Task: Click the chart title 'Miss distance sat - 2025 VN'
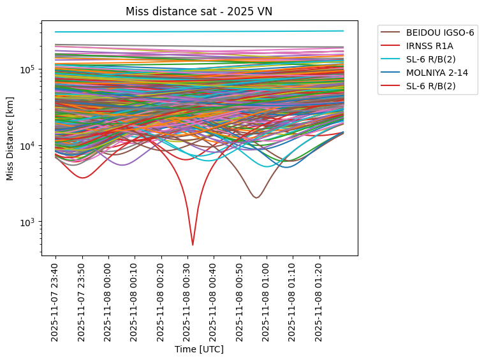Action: click(x=199, y=11)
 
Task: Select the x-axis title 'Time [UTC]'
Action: click(x=199, y=350)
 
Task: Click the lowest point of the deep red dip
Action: click(x=193, y=244)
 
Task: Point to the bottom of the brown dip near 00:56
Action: click(x=256, y=198)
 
